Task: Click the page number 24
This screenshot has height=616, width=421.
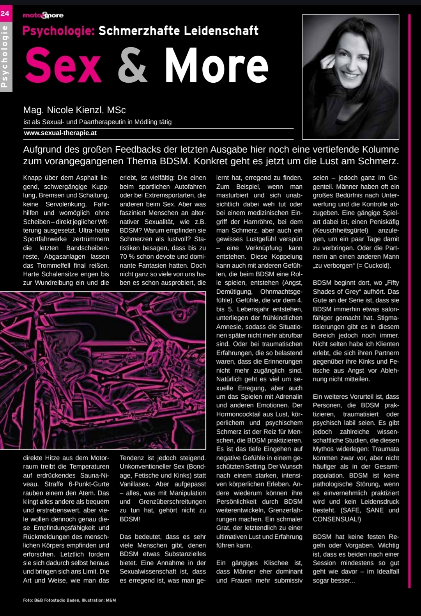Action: coord(5,14)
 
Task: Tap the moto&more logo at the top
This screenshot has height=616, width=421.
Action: coord(43,15)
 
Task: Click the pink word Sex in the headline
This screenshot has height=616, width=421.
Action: coord(64,66)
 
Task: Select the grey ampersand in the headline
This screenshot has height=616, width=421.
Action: coord(133,66)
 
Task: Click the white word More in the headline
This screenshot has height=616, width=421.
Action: coord(216,66)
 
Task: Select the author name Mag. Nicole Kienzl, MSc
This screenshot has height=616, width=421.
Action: coord(74,110)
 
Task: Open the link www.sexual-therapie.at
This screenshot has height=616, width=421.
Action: coord(60,133)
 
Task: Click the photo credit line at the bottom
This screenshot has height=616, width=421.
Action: coord(69,600)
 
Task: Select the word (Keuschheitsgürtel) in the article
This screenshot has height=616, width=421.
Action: coord(340,231)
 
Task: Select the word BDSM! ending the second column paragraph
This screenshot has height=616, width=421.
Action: coord(130,519)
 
